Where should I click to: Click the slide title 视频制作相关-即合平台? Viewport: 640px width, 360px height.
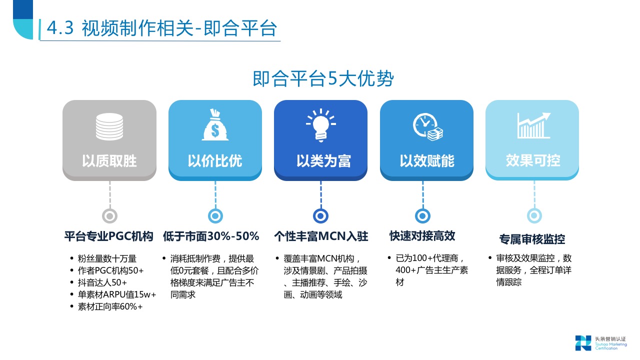161,28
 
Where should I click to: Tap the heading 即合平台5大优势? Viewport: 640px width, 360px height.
323,79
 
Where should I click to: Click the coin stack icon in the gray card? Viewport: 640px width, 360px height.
109,126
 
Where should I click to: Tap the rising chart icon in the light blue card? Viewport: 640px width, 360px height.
533,125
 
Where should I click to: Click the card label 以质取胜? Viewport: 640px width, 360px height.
109,161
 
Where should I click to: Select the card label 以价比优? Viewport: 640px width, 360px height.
215,161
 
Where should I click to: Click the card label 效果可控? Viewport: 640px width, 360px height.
533,161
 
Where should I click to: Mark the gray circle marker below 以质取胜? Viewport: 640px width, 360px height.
109,216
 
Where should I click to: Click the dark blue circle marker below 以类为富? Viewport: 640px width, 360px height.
320,216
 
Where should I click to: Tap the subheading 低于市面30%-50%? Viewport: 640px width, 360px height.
211,236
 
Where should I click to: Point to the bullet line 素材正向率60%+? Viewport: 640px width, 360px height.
110,306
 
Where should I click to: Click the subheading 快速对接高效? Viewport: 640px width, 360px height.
422,236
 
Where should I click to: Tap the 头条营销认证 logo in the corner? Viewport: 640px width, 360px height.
600,342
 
